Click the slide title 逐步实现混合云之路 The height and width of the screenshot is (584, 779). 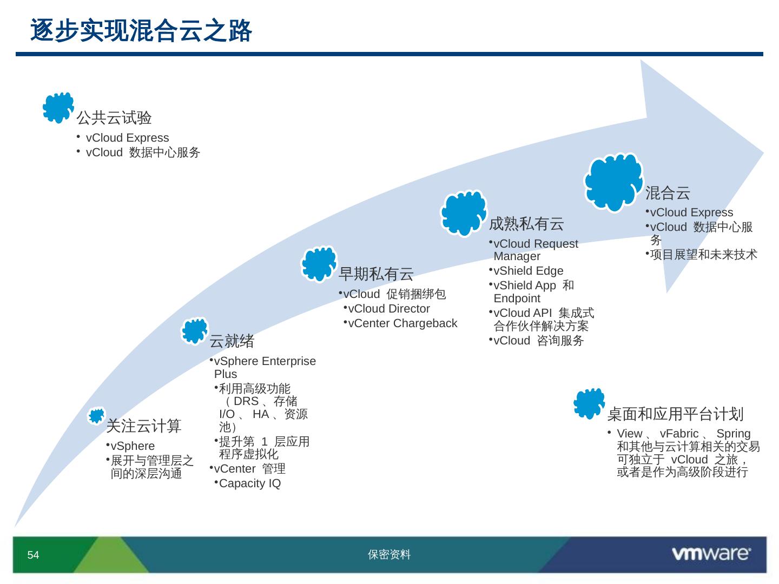coord(141,31)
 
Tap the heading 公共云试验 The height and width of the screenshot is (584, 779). coord(114,117)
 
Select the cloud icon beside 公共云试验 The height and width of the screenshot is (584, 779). coord(58,107)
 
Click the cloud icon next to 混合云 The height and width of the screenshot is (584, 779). coord(613,182)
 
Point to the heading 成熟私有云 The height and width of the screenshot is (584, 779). coord(526,223)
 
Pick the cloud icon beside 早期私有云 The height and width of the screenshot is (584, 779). coord(319,264)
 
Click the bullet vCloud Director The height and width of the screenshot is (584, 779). coord(388,309)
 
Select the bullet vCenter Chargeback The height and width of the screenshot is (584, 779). coord(402,323)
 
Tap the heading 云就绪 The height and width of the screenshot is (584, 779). coord(232,341)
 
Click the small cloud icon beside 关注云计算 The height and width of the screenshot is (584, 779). coord(97,416)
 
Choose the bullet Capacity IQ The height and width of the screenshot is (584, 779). coord(249,483)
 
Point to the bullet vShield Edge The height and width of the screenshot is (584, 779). coord(528,271)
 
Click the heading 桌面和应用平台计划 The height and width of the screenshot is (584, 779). coord(675,414)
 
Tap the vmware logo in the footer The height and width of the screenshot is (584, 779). coord(711,554)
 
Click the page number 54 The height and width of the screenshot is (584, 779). coord(34,555)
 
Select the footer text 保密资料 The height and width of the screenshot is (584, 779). coord(389,555)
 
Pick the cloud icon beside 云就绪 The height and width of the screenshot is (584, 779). coord(194,331)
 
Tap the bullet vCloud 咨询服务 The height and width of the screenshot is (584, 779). coord(538,341)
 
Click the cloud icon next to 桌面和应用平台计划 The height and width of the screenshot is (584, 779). coord(589,403)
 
